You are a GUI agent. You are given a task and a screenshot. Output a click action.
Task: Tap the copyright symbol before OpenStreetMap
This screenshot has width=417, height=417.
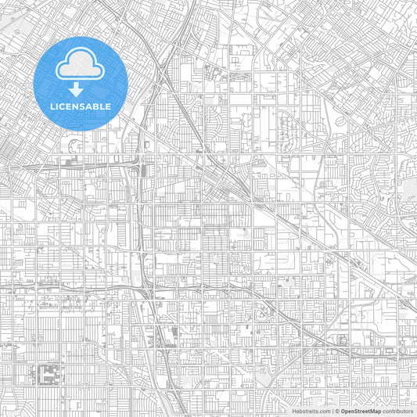337,410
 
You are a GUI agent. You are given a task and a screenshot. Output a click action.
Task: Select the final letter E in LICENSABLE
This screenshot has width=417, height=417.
108,106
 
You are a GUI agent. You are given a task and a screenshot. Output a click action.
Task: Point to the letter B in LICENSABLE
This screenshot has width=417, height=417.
96,106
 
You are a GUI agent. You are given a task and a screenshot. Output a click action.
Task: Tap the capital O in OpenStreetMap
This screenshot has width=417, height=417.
343,410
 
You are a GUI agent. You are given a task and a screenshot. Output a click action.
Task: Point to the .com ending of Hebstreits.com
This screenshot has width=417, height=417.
322,410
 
